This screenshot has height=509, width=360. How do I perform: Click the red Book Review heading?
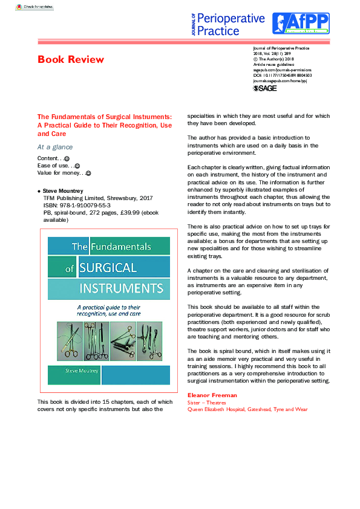[71, 59]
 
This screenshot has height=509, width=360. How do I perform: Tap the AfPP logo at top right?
[301, 23]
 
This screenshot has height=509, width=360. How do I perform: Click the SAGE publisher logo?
[264, 88]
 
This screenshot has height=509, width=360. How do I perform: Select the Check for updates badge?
[34, 7]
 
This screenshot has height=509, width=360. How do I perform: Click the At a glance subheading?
[55, 147]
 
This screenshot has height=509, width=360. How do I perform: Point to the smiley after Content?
[67, 158]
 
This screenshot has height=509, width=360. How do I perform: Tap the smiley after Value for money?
[88, 173]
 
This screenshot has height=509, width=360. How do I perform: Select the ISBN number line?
[76, 206]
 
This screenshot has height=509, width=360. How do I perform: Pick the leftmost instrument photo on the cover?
[68, 341]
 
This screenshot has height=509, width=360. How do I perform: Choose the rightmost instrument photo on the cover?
[149, 341]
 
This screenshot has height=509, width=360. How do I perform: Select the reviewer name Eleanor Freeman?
[212, 395]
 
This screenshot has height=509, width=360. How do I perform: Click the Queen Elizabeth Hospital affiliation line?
[247, 409]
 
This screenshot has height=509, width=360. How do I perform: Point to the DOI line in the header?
[283, 75]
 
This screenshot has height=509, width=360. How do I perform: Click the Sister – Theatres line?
[206, 402]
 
